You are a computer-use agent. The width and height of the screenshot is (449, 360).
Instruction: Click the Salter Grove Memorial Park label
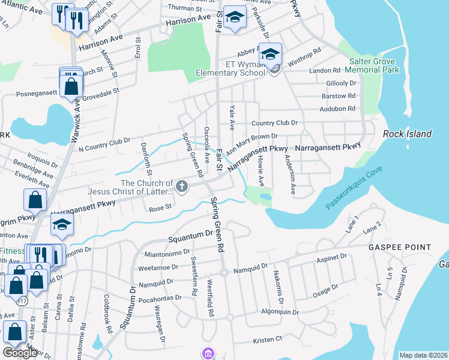tap(373, 66)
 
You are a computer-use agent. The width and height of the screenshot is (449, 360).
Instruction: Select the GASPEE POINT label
tap(400, 247)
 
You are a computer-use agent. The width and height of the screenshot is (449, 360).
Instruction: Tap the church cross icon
tap(182, 187)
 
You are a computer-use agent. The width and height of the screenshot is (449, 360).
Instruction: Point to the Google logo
tap(20, 353)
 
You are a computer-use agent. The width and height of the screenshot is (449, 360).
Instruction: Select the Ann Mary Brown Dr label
tap(252, 143)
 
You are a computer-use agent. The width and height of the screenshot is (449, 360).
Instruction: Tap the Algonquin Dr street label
tap(279, 312)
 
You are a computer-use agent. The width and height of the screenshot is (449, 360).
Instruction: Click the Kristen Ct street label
tap(267, 340)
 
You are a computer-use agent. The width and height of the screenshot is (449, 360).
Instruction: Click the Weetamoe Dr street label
tap(155, 268)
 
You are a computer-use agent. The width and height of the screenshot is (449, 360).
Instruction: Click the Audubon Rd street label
tap(338, 109)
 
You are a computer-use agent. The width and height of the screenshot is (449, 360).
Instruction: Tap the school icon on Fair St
tap(235, 17)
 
